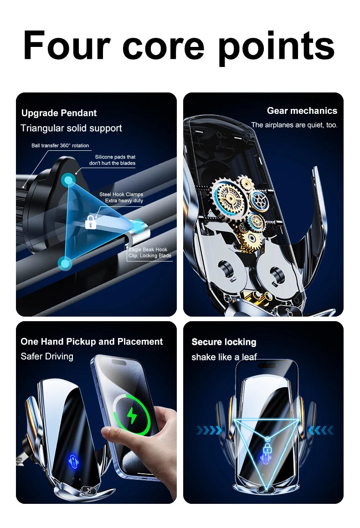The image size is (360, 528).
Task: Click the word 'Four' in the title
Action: point(67,46)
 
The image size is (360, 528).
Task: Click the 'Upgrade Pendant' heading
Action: point(59,113)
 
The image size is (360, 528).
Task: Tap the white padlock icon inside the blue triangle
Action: point(91,222)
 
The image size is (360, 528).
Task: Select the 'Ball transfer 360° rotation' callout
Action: point(60,146)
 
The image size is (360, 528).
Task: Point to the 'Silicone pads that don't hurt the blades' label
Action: point(112,160)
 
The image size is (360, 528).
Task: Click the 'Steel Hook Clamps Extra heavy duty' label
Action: point(121,197)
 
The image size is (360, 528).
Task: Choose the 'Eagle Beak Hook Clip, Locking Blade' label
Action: point(150,253)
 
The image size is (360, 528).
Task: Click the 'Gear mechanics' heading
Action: point(302,111)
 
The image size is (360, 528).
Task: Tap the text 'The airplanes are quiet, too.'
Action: point(294,125)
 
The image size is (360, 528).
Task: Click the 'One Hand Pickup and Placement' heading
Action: point(92,342)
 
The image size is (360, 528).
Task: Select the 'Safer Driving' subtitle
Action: point(47,356)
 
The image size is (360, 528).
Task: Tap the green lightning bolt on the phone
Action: point(132,415)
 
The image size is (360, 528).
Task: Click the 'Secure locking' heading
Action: point(224,342)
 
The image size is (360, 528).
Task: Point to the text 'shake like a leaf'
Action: point(224,357)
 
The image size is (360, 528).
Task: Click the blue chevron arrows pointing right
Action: point(209,430)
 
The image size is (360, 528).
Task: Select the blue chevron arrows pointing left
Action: point(321,430)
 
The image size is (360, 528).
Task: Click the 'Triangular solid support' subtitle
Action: point(71,128)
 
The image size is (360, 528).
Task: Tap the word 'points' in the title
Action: point(276,46)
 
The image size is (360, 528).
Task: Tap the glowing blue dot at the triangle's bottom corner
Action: point(65,263)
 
